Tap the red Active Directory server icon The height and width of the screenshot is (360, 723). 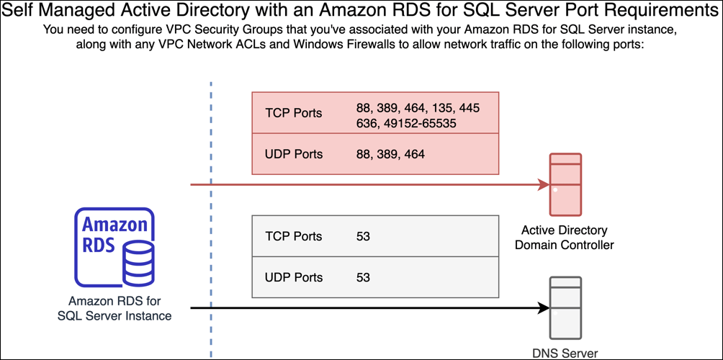pyautogui.click(x=565, y=184)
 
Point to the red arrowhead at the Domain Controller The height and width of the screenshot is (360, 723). pyautogui.click(x=544, y=185)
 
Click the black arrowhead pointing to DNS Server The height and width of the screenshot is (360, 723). pyautogui.click(x=544, y=308)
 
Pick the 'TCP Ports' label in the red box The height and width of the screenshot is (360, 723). pyautogui.click(x=294, y=113)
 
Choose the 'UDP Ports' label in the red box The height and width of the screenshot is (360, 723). pyautogui.click(x=294, y=154)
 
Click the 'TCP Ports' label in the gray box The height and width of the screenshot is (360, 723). pyautogui.click(x=294, y=236)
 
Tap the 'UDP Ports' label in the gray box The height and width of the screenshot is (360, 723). pyautogui.click(x=294, y=277)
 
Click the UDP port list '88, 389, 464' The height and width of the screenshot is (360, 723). pyautogui.click(x=387, y=154)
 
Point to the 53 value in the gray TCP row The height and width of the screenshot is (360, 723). pyautogui.click(x=364, y=236)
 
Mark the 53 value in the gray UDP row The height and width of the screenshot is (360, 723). pyautogui.click(x=364, y=277)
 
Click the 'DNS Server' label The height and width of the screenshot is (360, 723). pyautogui.click(x=565, y=353)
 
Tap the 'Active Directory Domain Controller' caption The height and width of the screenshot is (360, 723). pyautogui.click(x=565, y=238)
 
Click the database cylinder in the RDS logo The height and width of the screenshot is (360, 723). pyautogui.click(x=138, y=264)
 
